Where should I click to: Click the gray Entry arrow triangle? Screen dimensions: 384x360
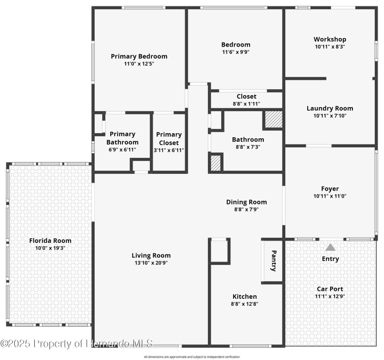pos(331,247)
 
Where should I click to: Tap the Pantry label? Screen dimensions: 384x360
pos(274,261)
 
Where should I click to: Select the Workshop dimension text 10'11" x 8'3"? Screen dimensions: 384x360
pos(330,47)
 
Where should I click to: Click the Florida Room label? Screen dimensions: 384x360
pos(50,241)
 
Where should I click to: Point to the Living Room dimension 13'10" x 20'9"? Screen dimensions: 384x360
pos(151,263)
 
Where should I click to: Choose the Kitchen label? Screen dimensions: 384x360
pos(245,296)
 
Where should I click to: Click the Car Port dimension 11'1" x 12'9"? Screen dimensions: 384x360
pos(330,296)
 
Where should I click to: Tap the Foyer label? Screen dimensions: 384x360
pos(330,189)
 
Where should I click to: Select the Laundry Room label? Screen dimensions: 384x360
pos(330,108)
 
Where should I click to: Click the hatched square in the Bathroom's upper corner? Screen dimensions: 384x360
pos(273,119)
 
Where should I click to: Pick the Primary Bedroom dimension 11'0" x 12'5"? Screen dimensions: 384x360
pos(139,64)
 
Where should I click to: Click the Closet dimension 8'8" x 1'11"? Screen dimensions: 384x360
pos(246,104)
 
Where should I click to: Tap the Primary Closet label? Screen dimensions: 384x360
pos(169,139)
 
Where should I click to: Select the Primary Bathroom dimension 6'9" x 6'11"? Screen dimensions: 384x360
pos(122,150)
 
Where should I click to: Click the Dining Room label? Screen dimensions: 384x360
pos(246,202)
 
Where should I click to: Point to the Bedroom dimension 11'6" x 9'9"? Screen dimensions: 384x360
pos(235,52)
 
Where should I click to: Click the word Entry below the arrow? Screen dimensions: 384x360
pos(331,259)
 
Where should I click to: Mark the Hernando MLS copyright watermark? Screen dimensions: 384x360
pos(77,344)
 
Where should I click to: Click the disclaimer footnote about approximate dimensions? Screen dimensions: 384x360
pos(192,357)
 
